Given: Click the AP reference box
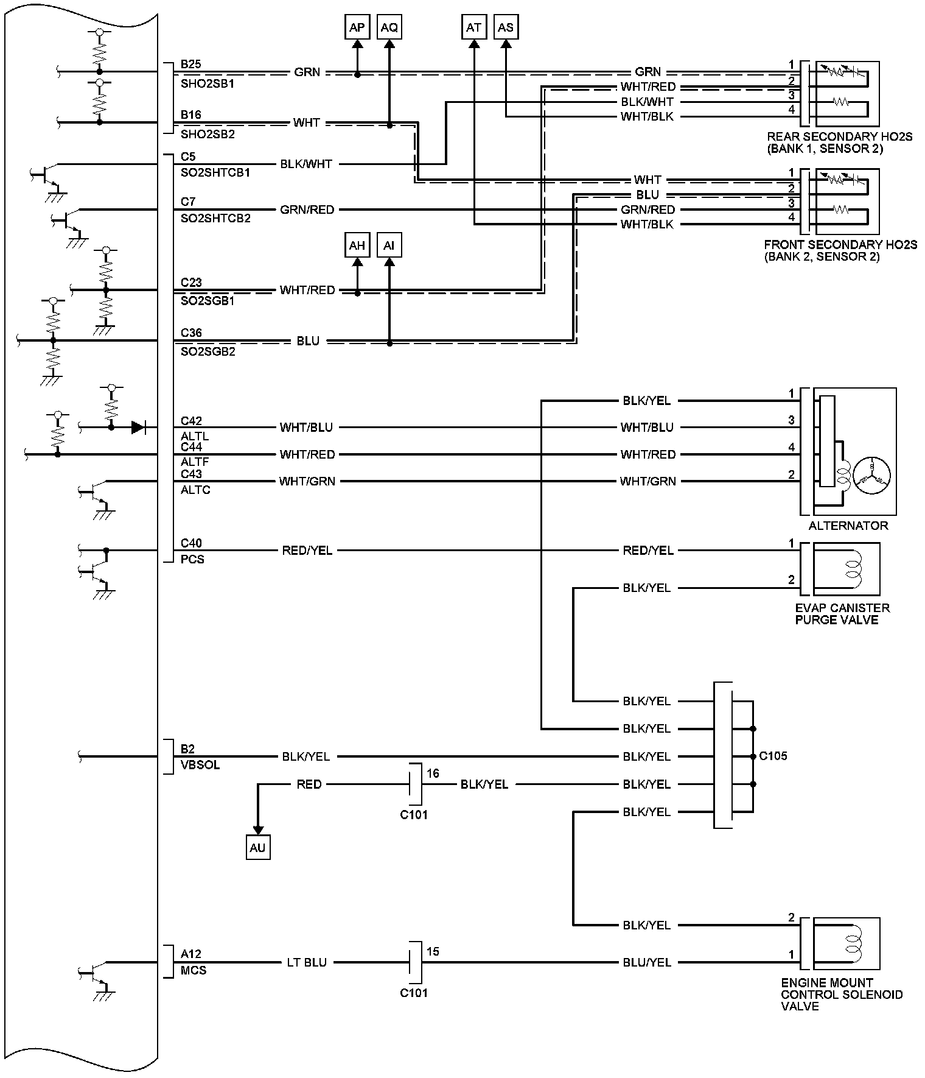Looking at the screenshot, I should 357,27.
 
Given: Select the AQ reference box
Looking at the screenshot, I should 389,27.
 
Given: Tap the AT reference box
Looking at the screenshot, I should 474,27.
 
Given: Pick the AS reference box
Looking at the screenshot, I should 506,27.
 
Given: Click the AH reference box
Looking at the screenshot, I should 357,245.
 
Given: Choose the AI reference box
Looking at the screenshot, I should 389,245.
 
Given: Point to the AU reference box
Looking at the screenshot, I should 258,848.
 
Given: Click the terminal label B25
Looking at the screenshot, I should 191,64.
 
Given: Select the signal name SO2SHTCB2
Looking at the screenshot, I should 215,218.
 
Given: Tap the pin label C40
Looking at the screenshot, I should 191,543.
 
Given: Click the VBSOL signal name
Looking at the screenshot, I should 200,765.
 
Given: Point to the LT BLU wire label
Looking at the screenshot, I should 307,962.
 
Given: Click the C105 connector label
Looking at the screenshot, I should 773,756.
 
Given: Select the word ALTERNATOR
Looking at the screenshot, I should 848,526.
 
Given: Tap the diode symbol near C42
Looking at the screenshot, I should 139,428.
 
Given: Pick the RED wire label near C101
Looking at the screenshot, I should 309,784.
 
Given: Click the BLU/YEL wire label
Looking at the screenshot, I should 646,962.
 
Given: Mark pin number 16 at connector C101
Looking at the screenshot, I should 433,773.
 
